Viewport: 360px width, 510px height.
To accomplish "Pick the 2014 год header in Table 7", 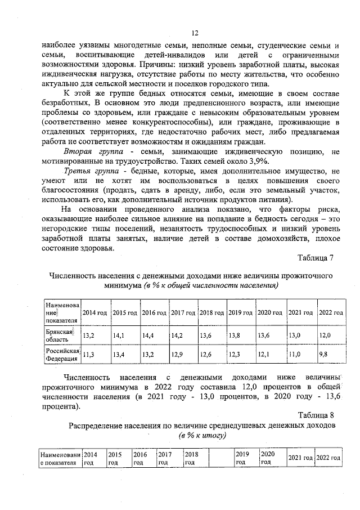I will pos(94,312).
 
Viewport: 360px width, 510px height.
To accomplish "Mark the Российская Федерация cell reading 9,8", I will pos(323,354).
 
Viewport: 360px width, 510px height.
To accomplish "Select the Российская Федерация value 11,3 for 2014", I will pos(89,354).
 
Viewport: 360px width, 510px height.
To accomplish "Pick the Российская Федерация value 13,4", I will pos(119,354).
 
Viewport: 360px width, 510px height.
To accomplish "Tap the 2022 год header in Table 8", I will pos(328,458).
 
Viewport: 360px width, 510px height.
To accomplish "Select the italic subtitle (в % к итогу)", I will pos(202,436).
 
